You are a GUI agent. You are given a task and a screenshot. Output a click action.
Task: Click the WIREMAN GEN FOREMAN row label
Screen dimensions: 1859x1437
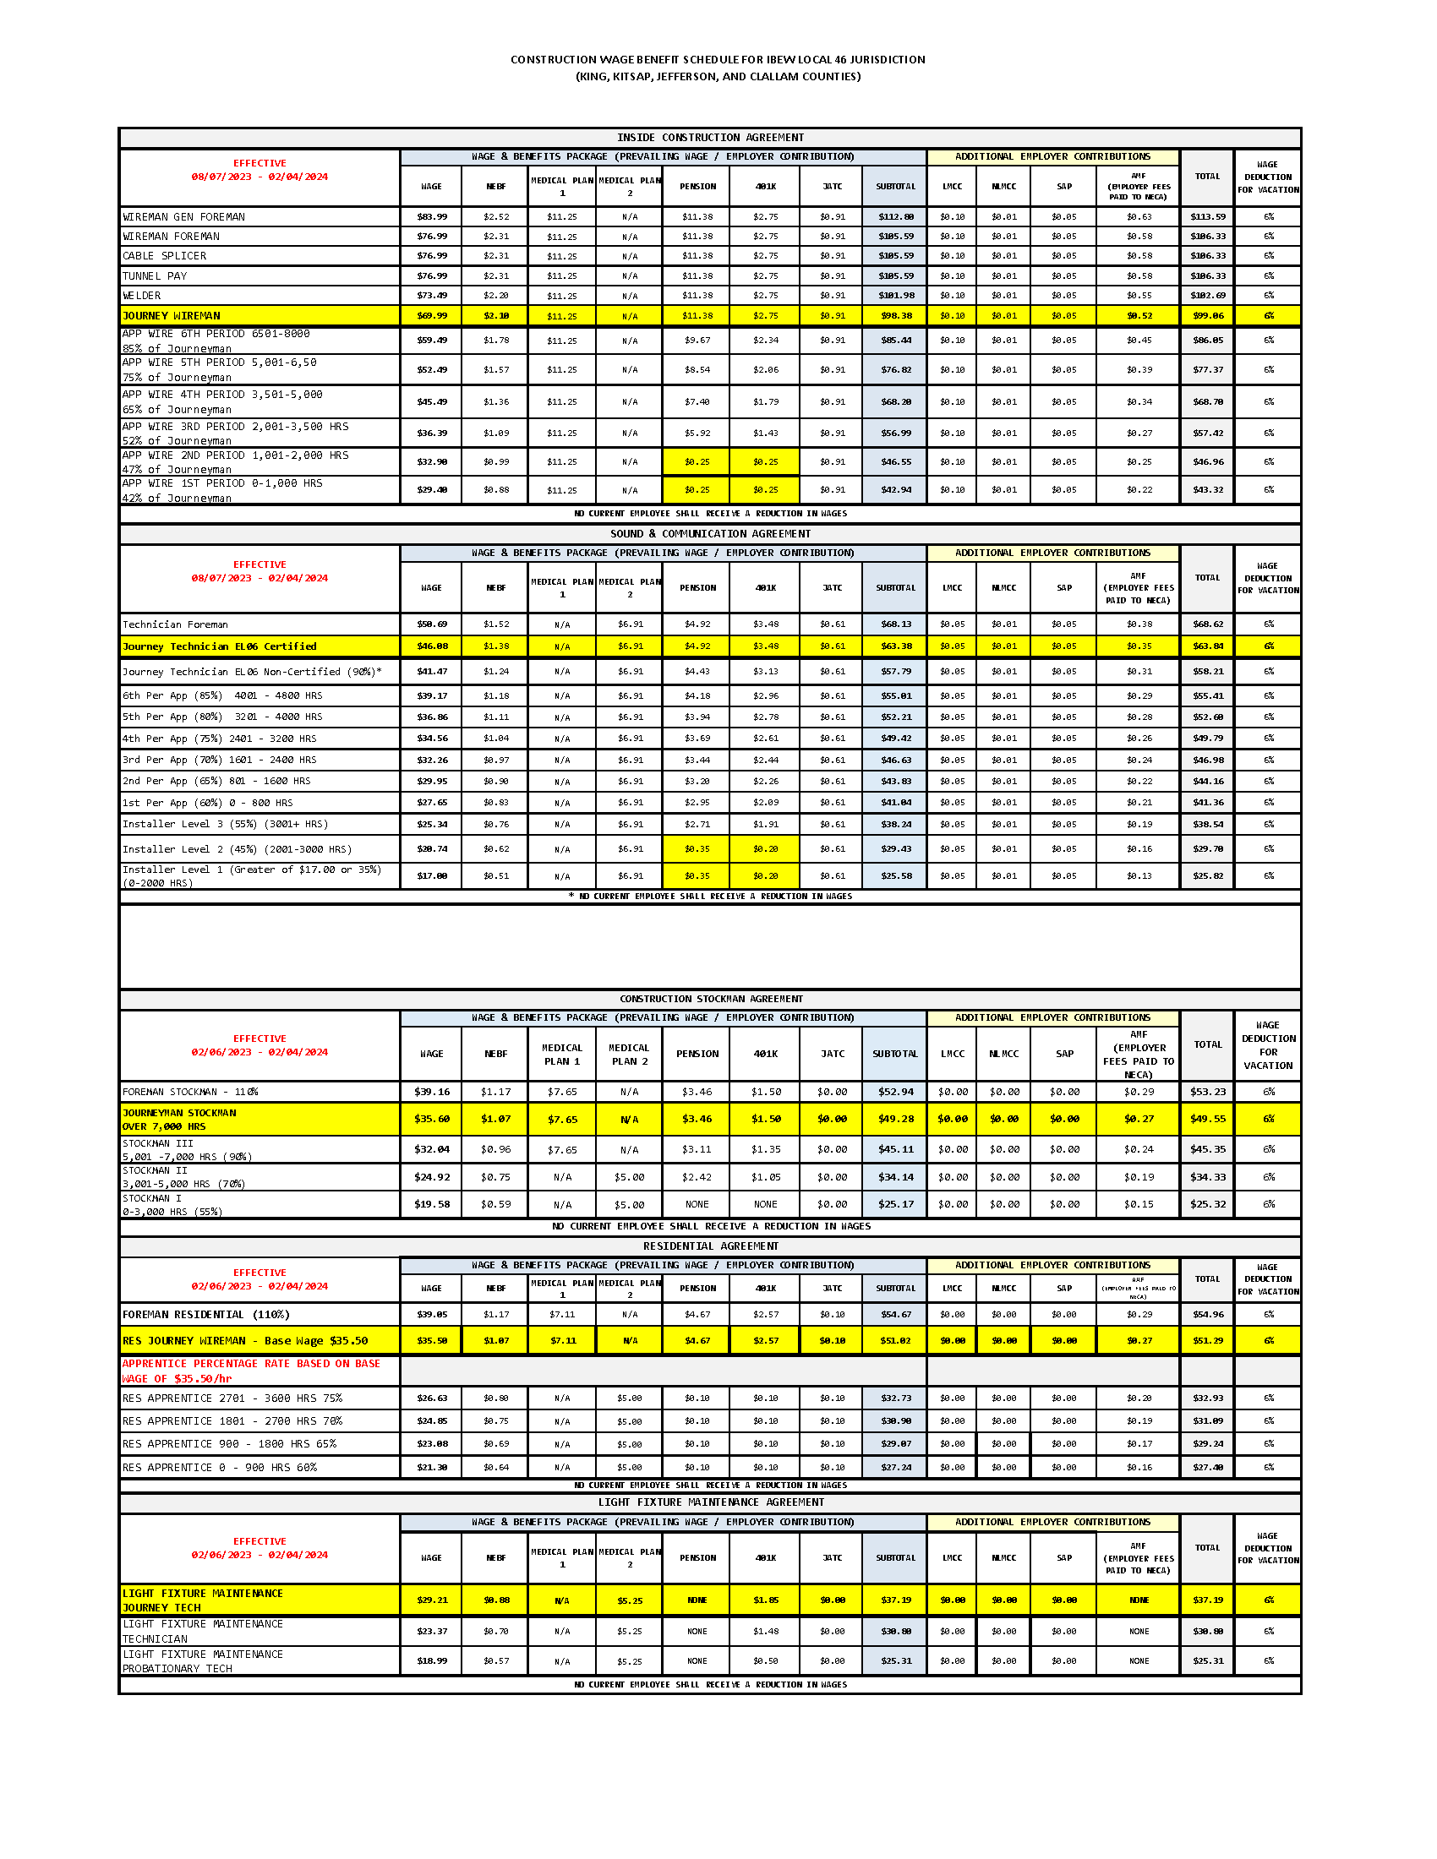[184, 217]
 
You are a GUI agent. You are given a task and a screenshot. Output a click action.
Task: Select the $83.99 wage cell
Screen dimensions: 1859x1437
[432, 217]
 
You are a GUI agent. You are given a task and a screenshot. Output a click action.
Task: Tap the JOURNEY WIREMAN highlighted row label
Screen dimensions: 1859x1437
[171, 316]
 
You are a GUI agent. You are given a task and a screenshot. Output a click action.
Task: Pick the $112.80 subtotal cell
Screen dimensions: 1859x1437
[895, 217]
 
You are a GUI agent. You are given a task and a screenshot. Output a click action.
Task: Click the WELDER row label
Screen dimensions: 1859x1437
[142, 297]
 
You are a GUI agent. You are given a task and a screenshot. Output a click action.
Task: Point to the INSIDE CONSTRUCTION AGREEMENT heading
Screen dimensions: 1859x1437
[710, 138]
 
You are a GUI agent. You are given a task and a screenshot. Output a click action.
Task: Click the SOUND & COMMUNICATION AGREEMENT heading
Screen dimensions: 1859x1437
[710, 535]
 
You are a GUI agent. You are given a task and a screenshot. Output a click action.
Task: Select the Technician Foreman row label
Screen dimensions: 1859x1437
[175, 624]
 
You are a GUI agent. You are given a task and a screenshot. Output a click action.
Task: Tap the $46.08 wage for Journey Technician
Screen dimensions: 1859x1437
[432, 647]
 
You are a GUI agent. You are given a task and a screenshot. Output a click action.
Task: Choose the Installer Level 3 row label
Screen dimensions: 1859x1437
[225, 825]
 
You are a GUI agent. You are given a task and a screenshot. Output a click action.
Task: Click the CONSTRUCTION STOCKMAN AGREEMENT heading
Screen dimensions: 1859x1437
[711, 1000]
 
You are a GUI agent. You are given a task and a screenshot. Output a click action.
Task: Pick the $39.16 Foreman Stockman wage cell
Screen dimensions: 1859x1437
[432, 1092]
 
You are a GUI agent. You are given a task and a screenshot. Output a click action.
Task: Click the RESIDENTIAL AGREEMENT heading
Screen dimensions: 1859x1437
[711, 1247]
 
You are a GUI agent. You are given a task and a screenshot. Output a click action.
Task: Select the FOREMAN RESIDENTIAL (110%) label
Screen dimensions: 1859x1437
[206, 1315]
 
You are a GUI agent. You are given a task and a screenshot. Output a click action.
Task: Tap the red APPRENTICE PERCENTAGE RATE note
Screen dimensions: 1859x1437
[251, 1371]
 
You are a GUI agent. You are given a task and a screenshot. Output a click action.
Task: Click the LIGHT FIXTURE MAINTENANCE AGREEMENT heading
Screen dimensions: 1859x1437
[711, 1503]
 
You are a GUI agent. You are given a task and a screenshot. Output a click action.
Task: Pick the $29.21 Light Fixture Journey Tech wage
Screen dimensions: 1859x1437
[432, 1600]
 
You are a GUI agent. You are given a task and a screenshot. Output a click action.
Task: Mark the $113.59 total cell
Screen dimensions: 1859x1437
[1207, 217]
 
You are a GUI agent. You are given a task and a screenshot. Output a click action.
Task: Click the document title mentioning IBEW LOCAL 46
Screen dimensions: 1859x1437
[718, 60]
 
